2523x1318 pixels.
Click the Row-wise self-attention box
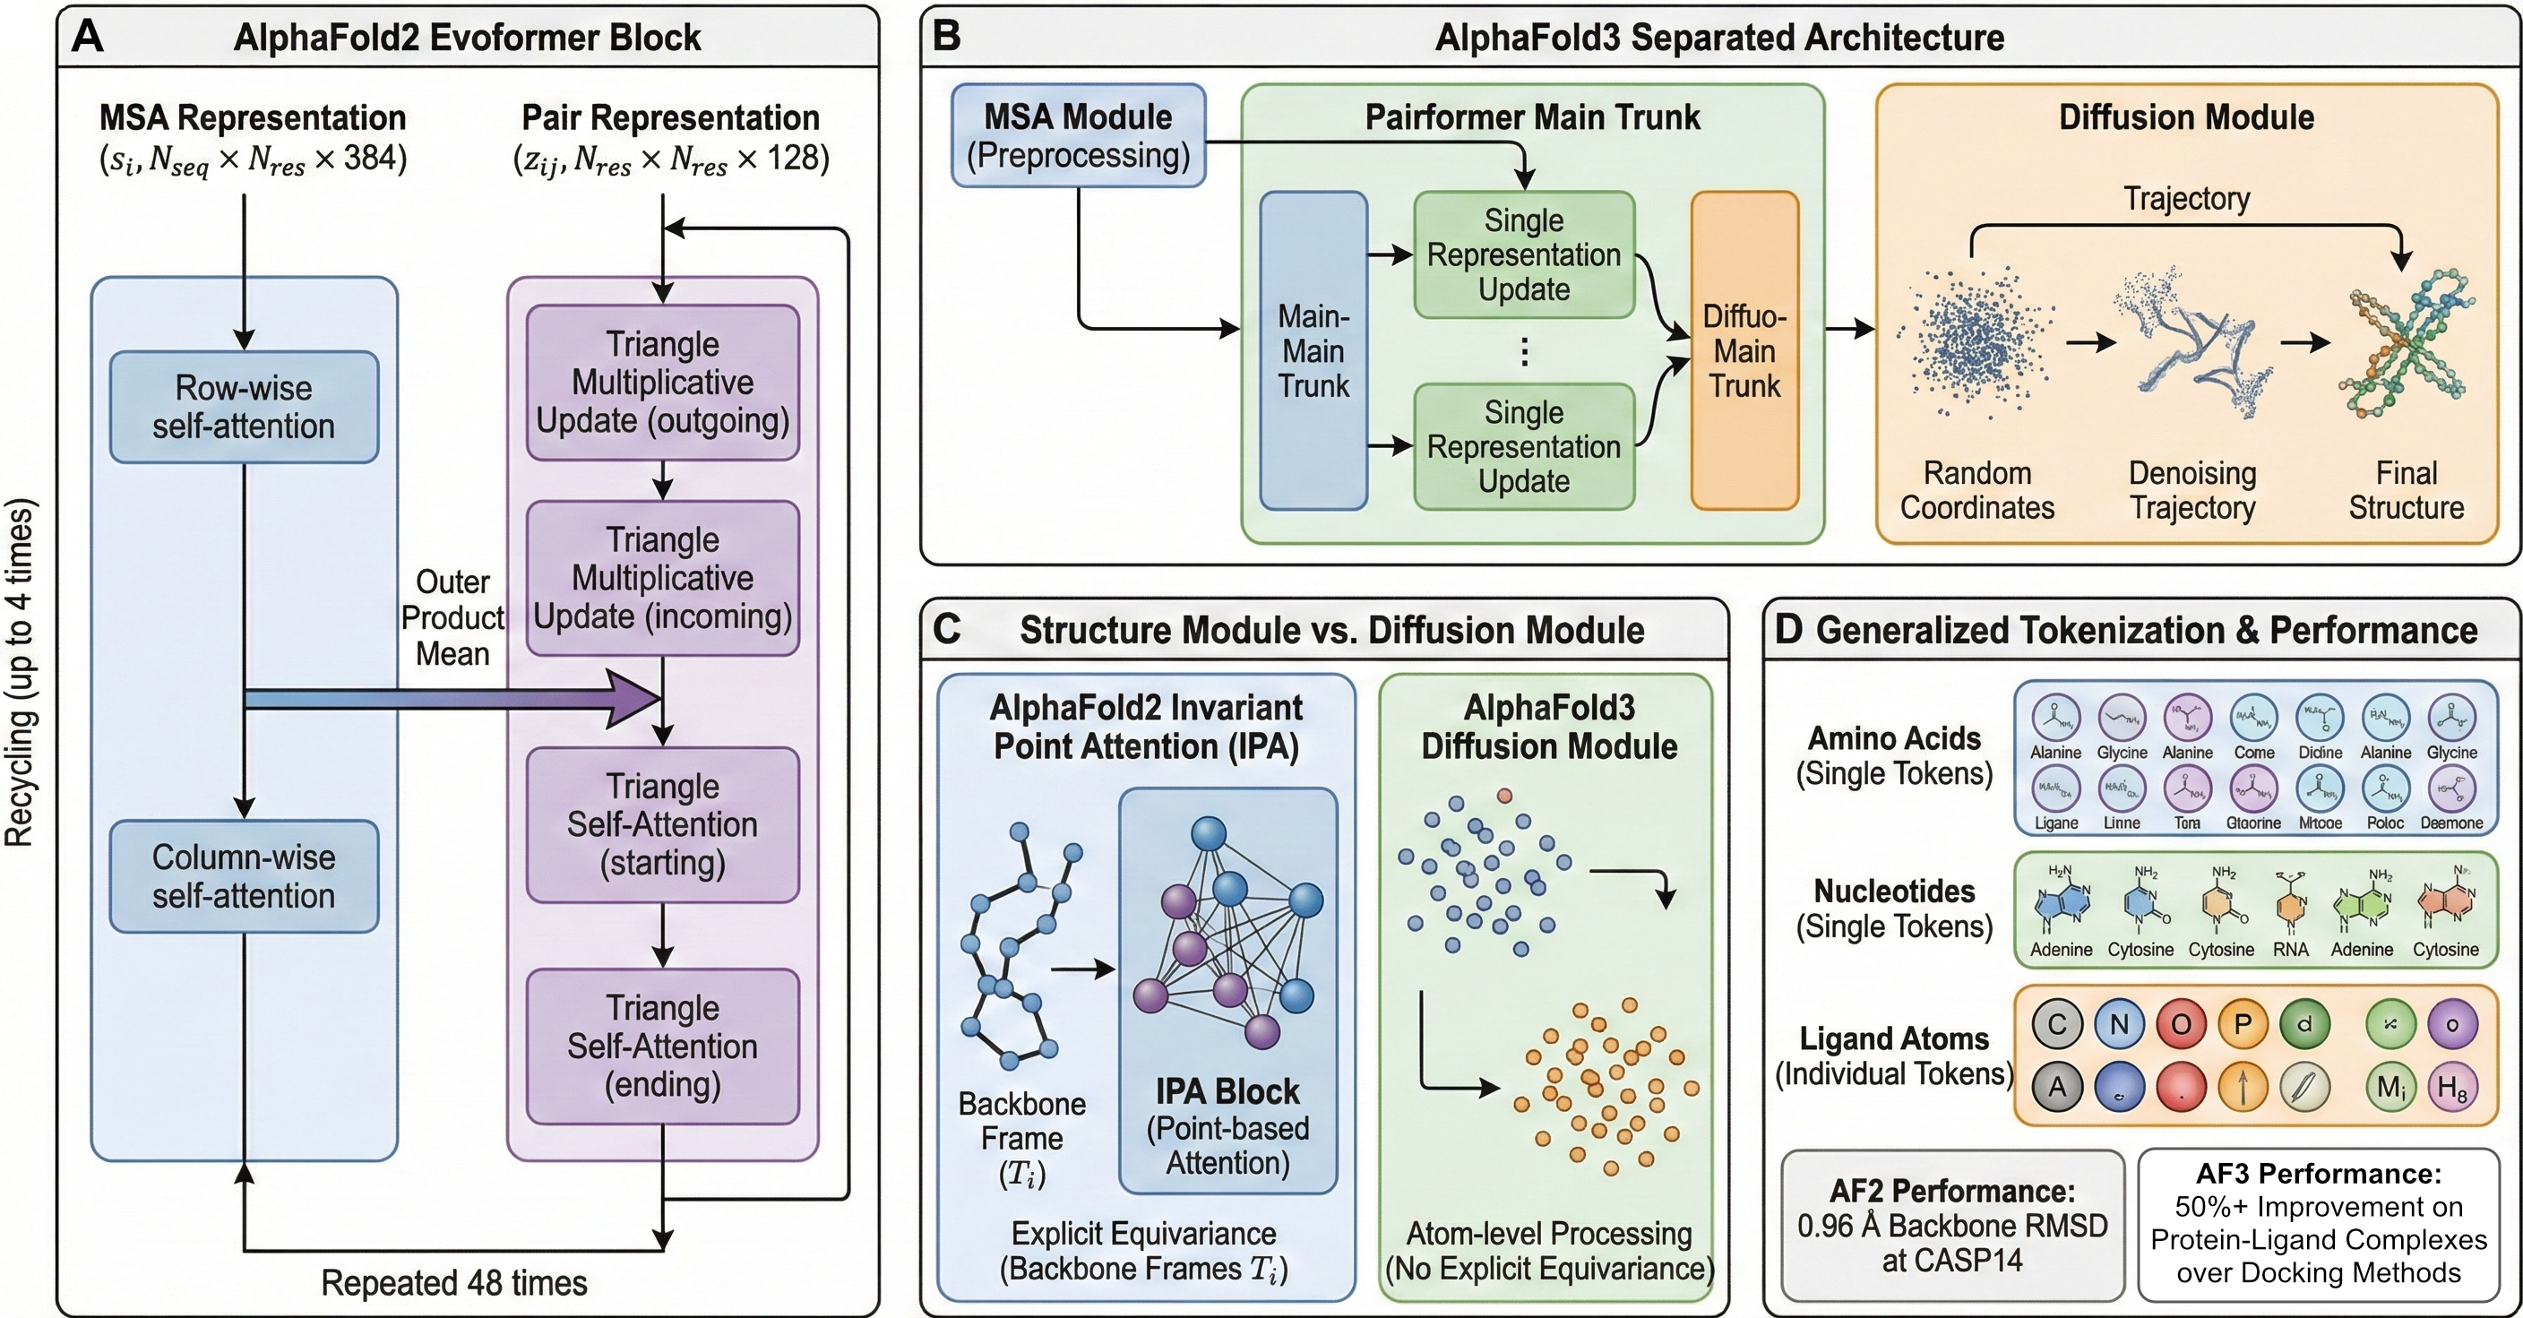point(244,408)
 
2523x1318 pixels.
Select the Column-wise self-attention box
point(244,876)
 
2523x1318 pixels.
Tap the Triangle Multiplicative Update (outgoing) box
point(663,383)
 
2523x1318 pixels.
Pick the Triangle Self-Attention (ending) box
point(663,1047)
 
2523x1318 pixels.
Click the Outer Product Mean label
point(452,618)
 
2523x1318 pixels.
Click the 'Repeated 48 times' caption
point(453,1283)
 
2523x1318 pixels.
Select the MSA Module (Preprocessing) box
point(1079,136)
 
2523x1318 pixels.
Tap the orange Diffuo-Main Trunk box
point(1744,350)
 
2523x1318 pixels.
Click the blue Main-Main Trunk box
point(1313,350)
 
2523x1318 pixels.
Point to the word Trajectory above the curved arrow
point(2186,199)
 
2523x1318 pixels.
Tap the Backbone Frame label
point(1021,1121)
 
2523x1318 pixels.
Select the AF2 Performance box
point(1952,1225)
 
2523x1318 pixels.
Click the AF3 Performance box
point(2319,1225)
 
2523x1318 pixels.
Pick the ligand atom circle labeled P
point(2242,1024)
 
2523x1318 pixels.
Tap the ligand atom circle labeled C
point(2057,1024)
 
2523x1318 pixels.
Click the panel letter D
point(1788,630)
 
